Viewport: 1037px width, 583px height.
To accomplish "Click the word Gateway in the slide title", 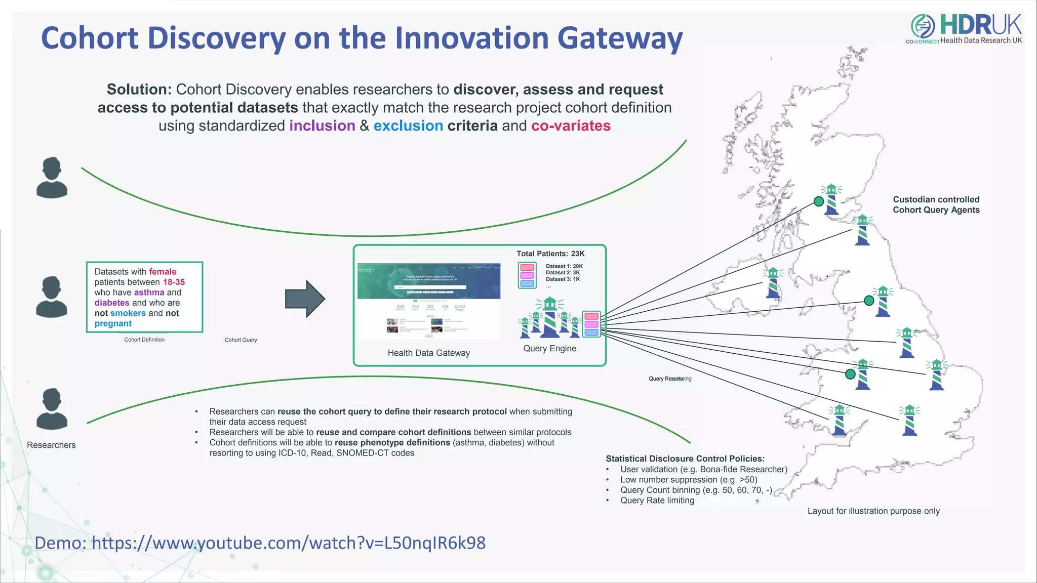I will point(619,38).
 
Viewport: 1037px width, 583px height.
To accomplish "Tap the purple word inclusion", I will point(322,126).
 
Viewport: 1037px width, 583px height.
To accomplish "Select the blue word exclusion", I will point(408,126).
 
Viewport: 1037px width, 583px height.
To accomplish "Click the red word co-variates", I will point(571,126).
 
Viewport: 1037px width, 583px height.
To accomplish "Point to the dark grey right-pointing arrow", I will point(305,299).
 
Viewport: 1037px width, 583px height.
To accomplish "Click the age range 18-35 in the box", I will point(174,282).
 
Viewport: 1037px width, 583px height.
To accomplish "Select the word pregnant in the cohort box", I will point(113,323).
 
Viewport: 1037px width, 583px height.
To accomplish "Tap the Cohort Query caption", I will point(241,340).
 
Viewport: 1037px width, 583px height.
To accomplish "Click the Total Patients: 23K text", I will point(550,254).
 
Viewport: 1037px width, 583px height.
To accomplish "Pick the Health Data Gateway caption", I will point(428,353).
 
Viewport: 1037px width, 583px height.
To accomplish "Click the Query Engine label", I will point(549,348).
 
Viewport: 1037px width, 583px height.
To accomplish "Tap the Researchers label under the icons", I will point(51,445).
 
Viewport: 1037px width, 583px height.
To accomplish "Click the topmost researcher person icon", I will point(52,177).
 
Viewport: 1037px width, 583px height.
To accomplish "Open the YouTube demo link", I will point(260,543).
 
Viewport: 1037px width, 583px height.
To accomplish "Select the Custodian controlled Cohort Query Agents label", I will point(936,204).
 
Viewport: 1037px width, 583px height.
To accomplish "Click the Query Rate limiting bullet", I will point(657,500).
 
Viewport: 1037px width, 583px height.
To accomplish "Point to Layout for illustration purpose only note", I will point(873,511).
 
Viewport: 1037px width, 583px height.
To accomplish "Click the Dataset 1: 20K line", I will point(564,266).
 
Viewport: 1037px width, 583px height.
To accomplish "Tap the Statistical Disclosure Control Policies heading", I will point(685,459).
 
